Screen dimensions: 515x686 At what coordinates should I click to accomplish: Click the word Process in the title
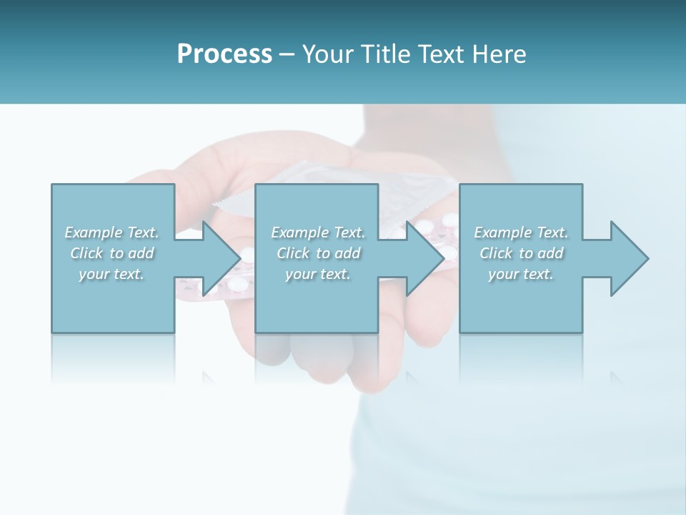[x=224, y=54]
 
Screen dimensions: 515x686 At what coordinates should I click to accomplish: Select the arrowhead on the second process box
[x=424, y=258]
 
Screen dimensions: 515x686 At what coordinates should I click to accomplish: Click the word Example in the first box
[x=94, y=232]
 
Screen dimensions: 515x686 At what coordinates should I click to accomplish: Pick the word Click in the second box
[x=293, y=253]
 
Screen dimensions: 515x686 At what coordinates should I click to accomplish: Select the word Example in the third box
[x=502, y=232]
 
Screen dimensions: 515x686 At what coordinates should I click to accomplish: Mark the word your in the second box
[x=300, y=274]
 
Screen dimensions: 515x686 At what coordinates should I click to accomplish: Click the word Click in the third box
[x=496, y=253]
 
